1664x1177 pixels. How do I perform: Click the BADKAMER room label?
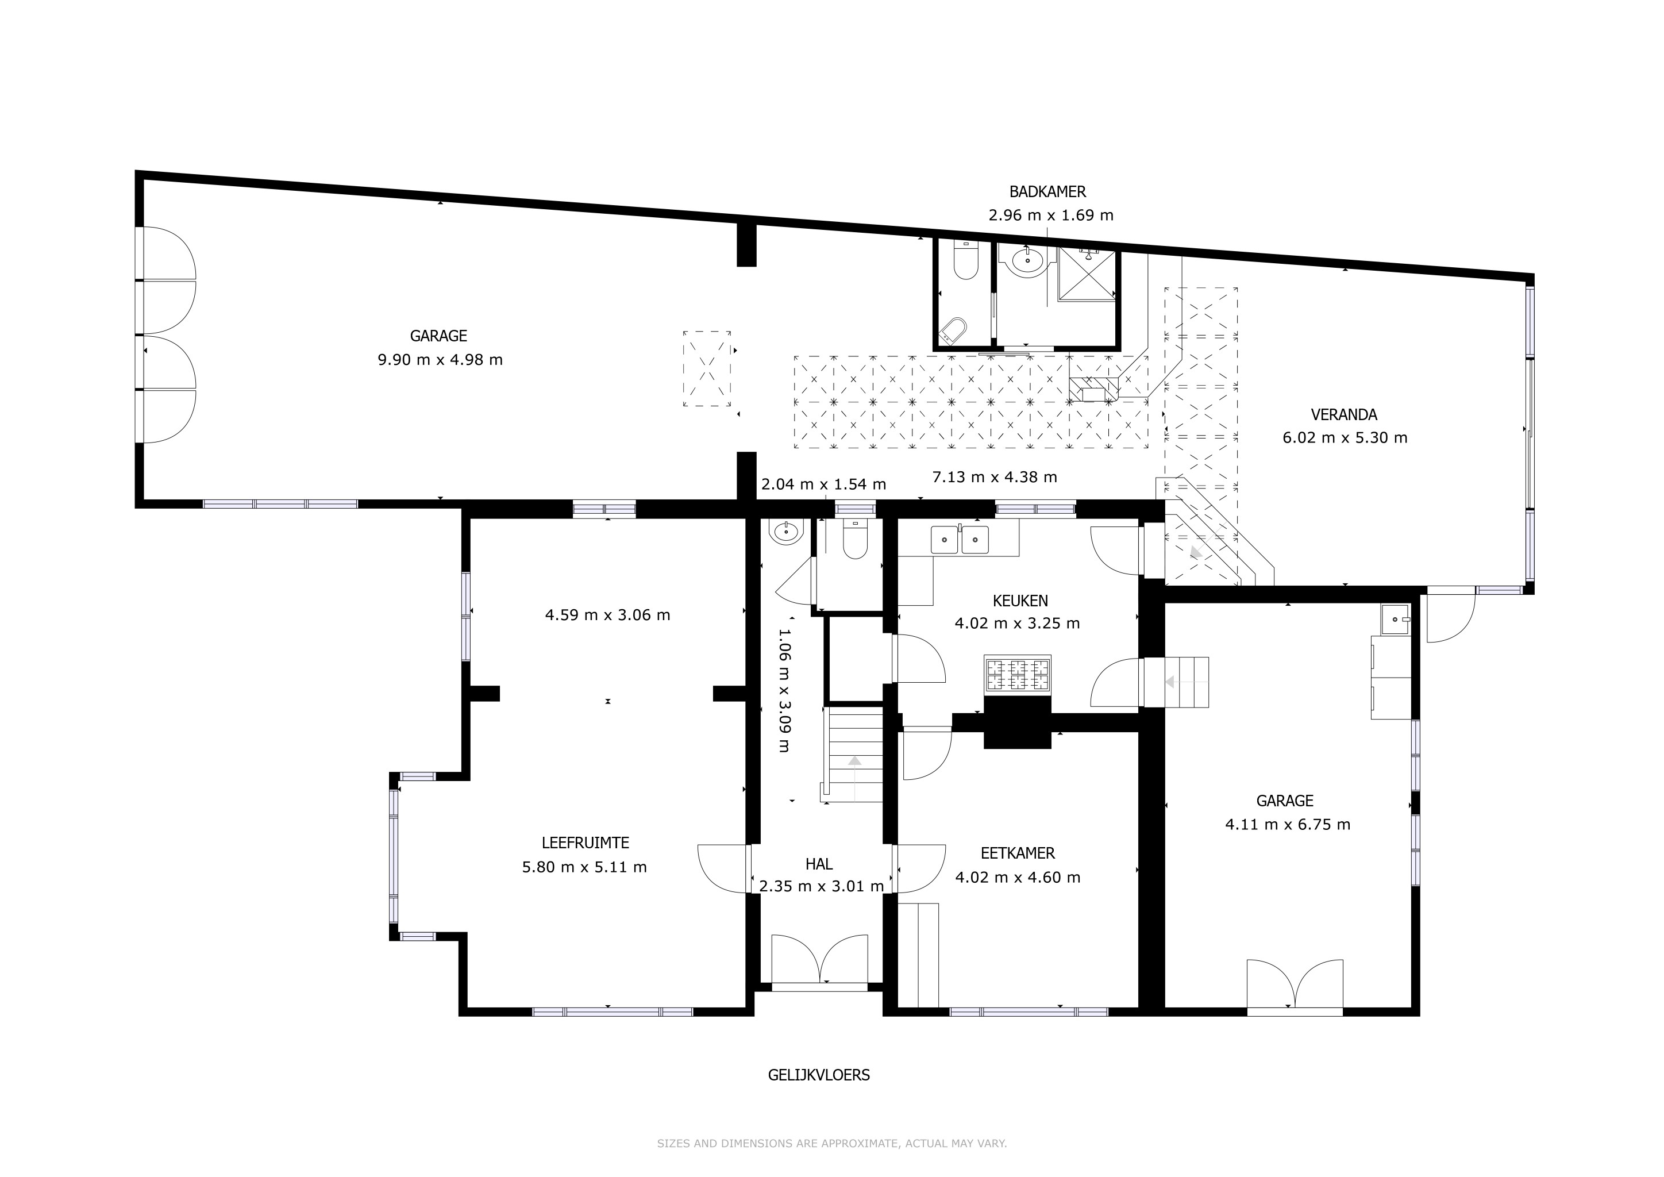coord(1047,192)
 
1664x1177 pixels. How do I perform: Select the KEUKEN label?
coord(1020,600)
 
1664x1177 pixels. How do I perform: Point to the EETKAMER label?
coord(1018,854)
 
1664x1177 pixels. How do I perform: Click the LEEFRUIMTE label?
coord(585,843)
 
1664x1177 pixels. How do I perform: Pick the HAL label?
coord(819,864)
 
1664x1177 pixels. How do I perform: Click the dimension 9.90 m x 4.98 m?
coord(440,359)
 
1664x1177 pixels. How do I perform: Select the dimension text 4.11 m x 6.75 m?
coord(1288,824)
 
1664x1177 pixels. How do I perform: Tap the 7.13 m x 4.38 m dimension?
coord(995,477)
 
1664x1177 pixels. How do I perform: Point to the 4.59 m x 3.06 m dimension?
coord(607,614)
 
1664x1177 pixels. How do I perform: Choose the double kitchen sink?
coord(960,539)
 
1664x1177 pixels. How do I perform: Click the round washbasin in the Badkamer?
coord(1027,259)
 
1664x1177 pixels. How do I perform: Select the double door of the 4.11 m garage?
coord(1295,985)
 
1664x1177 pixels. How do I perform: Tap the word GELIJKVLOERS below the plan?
coord(819,1075)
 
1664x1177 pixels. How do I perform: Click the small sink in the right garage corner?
coord(1395,620)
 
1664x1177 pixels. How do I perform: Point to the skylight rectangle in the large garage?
coord(707,368)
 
